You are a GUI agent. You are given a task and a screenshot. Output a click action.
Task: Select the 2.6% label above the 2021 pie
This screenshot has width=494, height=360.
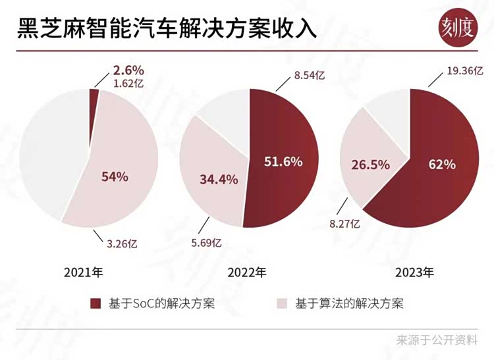(x=128, y=70)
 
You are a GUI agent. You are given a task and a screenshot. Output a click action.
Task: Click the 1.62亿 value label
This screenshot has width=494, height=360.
(x=128, y=84)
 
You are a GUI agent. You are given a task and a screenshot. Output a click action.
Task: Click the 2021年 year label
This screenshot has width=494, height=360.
(x=83, y=271)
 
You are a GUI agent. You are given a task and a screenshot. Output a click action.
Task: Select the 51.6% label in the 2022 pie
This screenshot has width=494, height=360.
(x=283, y=161)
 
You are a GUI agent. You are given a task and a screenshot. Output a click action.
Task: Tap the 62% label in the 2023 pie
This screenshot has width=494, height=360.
(x=441, y=164)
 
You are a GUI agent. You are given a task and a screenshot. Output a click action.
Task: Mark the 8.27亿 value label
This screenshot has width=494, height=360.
(x=343, y=224)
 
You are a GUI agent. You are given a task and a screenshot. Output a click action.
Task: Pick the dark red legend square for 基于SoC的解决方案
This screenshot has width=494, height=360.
(x=96, y=303)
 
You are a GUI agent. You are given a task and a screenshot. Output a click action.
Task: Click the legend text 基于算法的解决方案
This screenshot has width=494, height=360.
(x=348, y=303)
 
